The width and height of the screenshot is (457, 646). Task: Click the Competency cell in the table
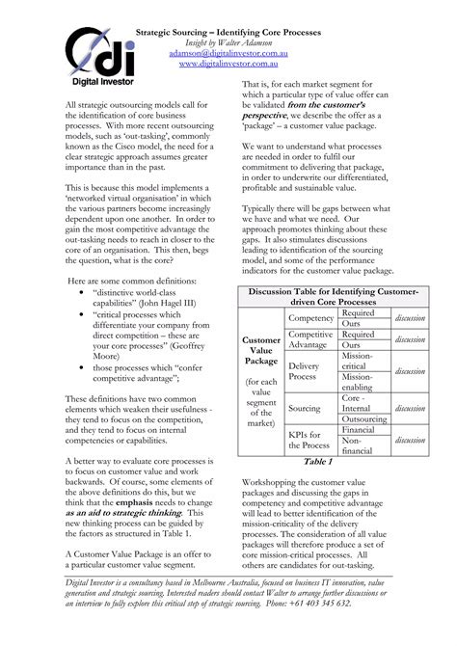(310, 318)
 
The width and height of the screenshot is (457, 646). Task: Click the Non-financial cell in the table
(359, 444)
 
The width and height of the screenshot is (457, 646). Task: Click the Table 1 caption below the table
(317, 462)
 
